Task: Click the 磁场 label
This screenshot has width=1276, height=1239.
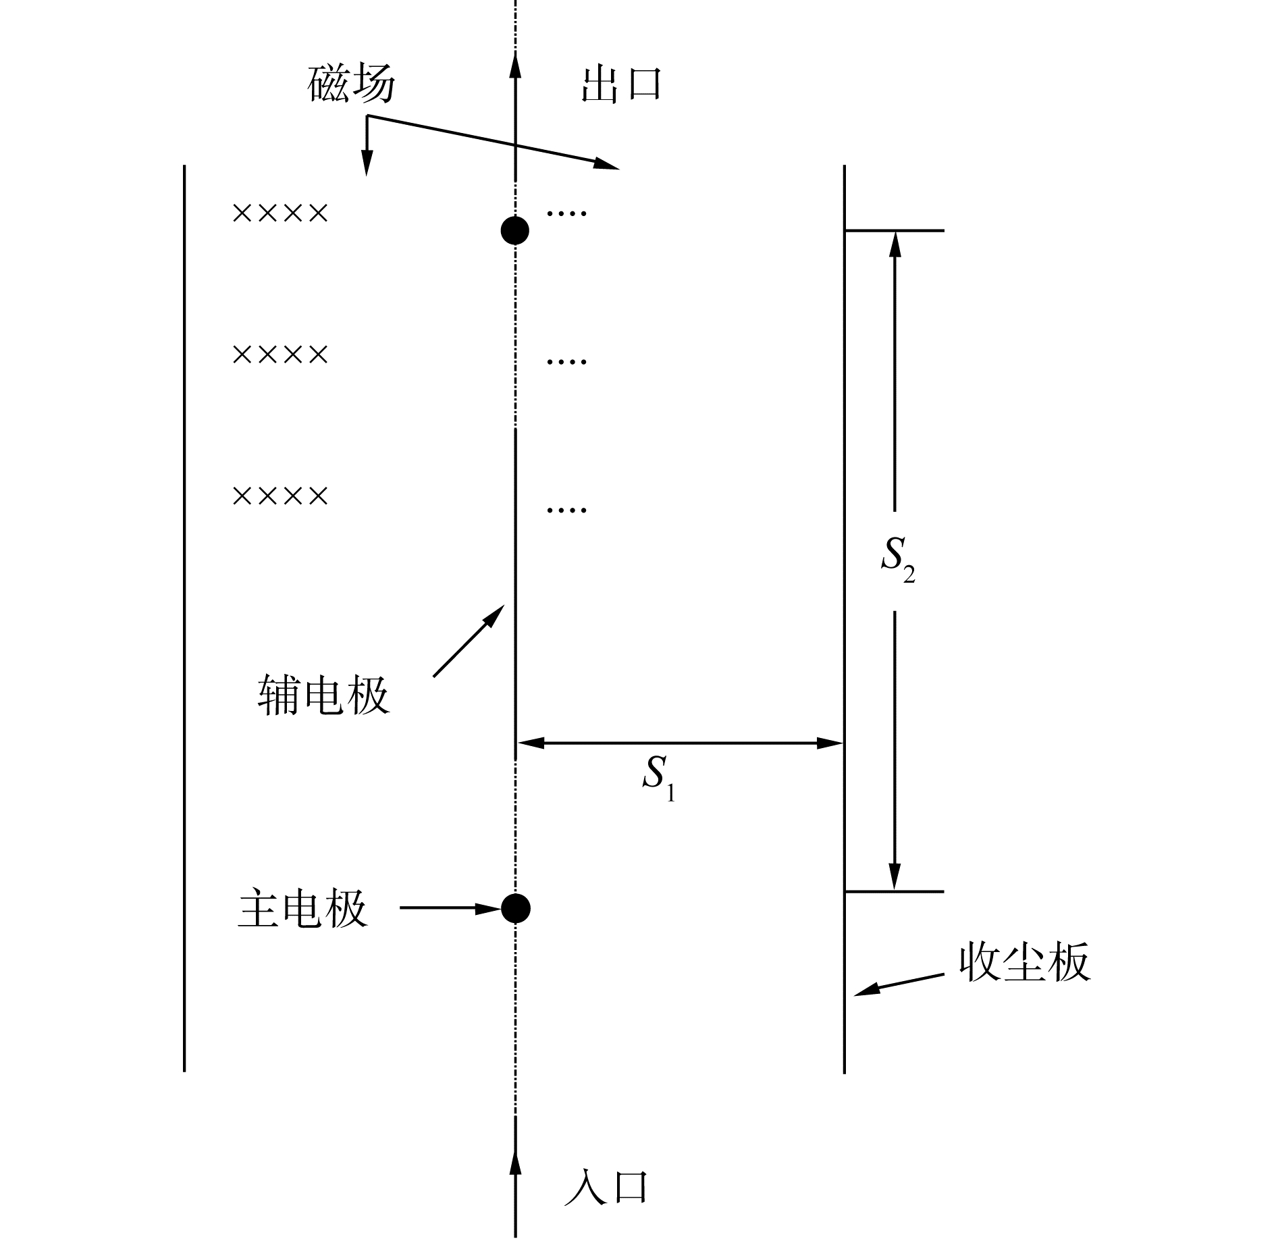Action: [351, 85]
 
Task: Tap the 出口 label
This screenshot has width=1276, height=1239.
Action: [620, 85]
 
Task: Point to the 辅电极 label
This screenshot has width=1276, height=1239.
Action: [323, 696]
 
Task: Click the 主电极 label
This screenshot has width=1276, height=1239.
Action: [303, 908]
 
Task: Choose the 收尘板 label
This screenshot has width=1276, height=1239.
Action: [1024, 961]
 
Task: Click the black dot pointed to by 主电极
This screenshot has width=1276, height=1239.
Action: [515, 908]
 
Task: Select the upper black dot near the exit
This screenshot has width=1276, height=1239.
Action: [515, 231]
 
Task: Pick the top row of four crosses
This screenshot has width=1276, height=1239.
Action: [280, 214]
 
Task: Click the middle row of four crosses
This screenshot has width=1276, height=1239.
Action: [280, 354]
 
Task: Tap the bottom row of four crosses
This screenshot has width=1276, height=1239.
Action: [280, 496]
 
